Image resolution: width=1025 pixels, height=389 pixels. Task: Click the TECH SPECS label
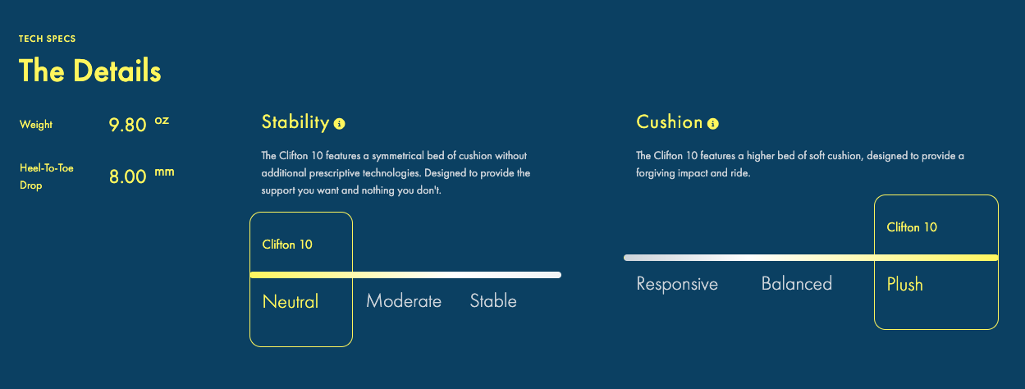point(47,39)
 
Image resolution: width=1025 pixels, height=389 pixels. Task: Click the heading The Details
point(89,71)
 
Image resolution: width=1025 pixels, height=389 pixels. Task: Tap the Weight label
point(35,125)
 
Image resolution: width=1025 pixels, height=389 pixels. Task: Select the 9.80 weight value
point(127,125)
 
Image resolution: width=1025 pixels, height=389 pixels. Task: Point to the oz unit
point(162,121)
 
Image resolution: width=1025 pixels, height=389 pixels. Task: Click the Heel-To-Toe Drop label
point(46,176)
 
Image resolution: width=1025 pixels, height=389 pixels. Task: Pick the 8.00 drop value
point(128,176)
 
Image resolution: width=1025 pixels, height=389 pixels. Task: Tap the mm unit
point(164,172)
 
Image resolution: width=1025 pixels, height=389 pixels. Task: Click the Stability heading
point(295,122)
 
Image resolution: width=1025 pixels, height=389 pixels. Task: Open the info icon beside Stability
point(339,124)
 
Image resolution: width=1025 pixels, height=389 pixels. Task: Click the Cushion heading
point(670,122)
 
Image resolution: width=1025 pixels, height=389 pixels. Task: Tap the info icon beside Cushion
point(713,124)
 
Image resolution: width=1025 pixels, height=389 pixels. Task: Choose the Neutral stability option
point(291,301)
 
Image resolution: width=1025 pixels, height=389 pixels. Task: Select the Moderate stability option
point(404,301)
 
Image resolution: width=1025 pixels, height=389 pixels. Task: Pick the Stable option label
point(493,301)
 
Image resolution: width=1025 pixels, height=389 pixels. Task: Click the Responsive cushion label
point(677,284)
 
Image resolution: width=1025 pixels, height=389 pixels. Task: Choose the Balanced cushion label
point(797,284)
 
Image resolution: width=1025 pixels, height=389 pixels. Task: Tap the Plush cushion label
point(904,285)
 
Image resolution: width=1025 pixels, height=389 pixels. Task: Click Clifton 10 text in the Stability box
point(287,245)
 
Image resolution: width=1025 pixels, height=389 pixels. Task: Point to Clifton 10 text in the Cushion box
point(912,227)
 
